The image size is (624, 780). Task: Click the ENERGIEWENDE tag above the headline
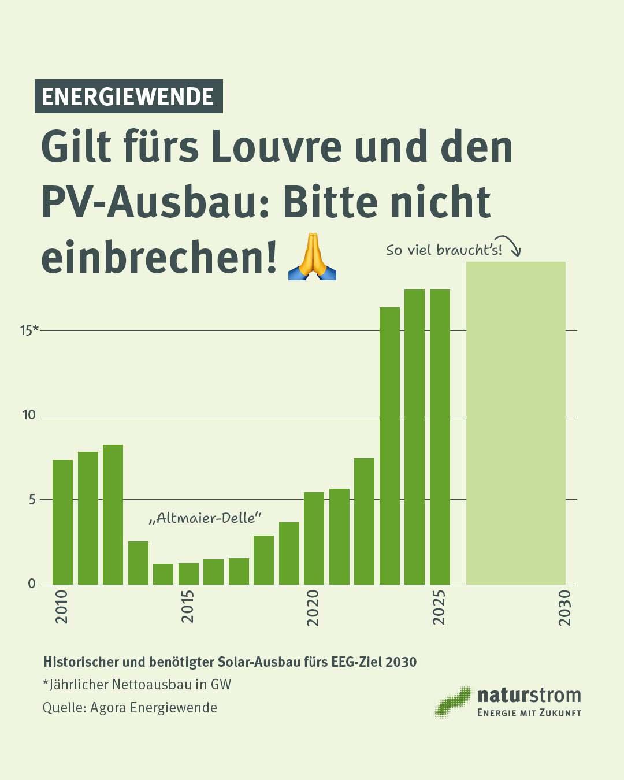click(128, 96)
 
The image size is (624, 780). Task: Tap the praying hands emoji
click(312, 257)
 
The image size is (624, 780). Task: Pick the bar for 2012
click(113, 514)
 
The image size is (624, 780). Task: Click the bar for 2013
click(138, 563)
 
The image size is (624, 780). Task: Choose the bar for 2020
click(314, 538)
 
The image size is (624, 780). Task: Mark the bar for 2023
click(389, 445)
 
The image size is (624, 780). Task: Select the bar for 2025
click(440, 437)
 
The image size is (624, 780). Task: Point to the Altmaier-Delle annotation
click(205, 518)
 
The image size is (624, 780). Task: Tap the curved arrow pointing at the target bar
click(510, 244)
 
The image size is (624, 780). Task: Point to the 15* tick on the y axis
click(29, 330)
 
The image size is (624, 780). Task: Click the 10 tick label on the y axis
click(29, 415)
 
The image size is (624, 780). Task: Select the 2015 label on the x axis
click(188, 606)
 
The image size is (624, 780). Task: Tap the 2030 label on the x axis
click(564, 607)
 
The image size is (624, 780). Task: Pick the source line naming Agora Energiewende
click(130, 708)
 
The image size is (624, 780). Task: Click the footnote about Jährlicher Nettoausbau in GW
click(137, 685)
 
